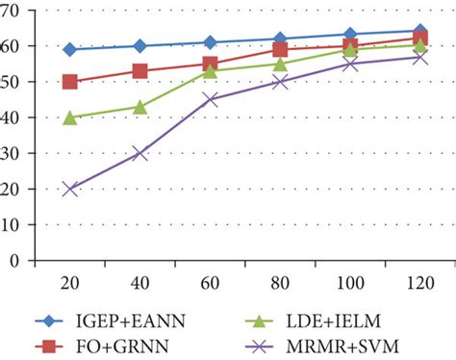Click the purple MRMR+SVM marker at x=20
[x=70, y=189]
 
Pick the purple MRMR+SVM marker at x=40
[x=139, y=153]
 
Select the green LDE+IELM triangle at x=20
[x=70, y=117]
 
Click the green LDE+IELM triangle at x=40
[x=139, y=107]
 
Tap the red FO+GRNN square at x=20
[x=70, y=82]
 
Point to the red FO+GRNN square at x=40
[x=139, y=71]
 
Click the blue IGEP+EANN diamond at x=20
[x=70, y=49]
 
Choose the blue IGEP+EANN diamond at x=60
[x=210, y=42]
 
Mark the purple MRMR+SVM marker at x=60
[x=210, y=99]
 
